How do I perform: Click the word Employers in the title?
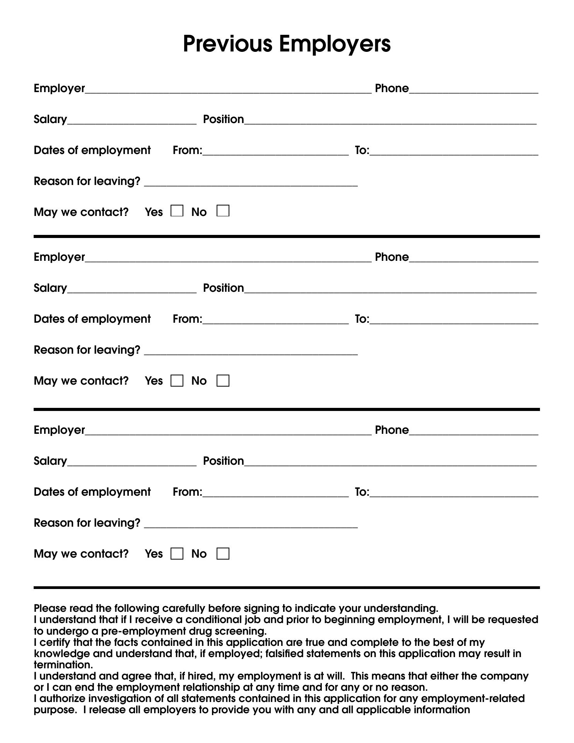click(335, 44)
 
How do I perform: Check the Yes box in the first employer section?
click(177, 211)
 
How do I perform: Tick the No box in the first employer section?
click(223, 211)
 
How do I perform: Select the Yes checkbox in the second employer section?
click(177, 381)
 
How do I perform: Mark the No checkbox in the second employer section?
click(223, 381)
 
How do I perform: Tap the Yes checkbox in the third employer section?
click(177, 554)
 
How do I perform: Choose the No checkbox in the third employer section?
click(223, 554)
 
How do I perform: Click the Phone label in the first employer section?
click(391, 88)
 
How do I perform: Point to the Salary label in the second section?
click(50, 288)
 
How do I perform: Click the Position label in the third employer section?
click(224, 461)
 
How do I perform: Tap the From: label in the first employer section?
click(187, 150)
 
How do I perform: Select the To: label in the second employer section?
click(362, 319)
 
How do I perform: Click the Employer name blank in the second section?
click(228, 259)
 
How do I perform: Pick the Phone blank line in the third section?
click(473, 432)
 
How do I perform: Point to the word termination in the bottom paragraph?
click(63, 665)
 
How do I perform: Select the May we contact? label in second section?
click(81, 381)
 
